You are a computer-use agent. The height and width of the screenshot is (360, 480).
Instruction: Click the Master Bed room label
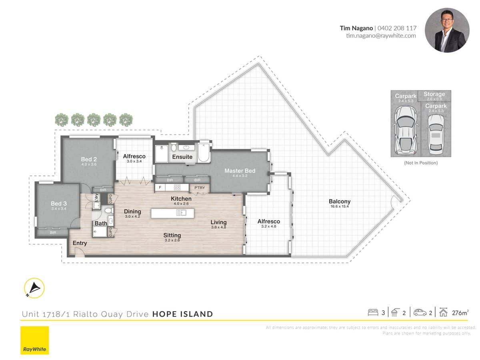240,171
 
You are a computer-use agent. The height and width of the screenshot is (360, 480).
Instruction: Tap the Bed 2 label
89,159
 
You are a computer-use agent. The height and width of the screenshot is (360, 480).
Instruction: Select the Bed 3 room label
59,203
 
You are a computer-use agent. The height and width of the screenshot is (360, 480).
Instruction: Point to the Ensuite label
182,157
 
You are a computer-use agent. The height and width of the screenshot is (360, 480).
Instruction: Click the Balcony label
340,202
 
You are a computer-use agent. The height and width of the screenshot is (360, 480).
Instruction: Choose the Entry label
80,243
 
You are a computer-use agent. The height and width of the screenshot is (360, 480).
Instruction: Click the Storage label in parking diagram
434,94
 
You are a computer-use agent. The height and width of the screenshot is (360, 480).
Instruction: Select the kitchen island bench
172,213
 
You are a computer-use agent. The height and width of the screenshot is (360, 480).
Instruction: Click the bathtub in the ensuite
204,152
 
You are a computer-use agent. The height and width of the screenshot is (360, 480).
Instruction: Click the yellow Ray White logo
35,340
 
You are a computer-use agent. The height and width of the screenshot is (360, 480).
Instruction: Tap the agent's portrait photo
447,30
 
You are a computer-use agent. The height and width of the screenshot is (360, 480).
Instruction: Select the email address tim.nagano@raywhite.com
381,36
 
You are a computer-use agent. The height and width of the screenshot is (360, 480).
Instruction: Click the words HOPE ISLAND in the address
182,314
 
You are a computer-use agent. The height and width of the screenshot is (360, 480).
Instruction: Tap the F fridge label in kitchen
160,187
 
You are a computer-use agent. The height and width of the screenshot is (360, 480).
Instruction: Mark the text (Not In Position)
421,163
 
